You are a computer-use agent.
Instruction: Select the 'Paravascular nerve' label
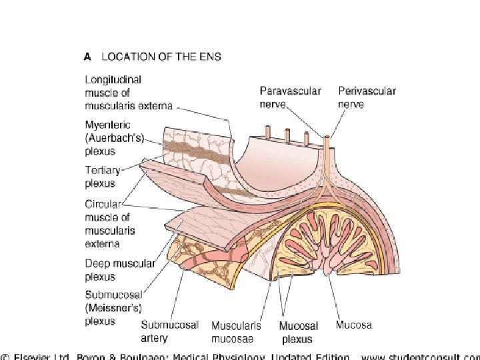[290, 97]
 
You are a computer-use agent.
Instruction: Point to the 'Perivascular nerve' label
[367, 97]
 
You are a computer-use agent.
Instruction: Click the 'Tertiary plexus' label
[100, 176]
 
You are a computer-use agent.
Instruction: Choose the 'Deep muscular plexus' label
[119, 269]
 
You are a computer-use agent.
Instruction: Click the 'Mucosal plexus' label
[298, 332]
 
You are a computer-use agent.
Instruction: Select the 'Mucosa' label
[353, 325]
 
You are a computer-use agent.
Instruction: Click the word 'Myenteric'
[106, 125]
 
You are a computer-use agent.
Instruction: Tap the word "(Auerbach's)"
[113, 137]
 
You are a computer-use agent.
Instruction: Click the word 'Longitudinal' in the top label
[113, 79]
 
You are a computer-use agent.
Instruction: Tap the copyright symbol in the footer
[6, 355]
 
